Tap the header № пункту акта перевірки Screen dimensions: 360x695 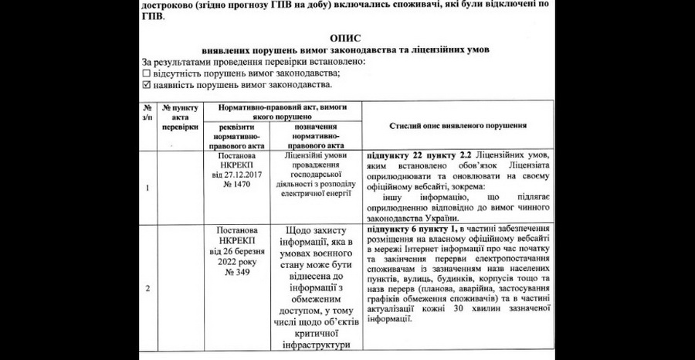pyautogui.click(x=181, y=117)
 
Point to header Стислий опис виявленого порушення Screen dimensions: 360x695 pyautogui.click(x=458, y=124)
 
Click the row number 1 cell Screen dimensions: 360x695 pyautogui.click(x=147, y=186)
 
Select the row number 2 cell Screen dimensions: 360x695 pyautogui.click(x=147, y=288)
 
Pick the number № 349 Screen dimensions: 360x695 pyautogui.click(x=238, y=272)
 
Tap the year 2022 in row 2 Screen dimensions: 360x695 pyautogui.click(x=227, y=261)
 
